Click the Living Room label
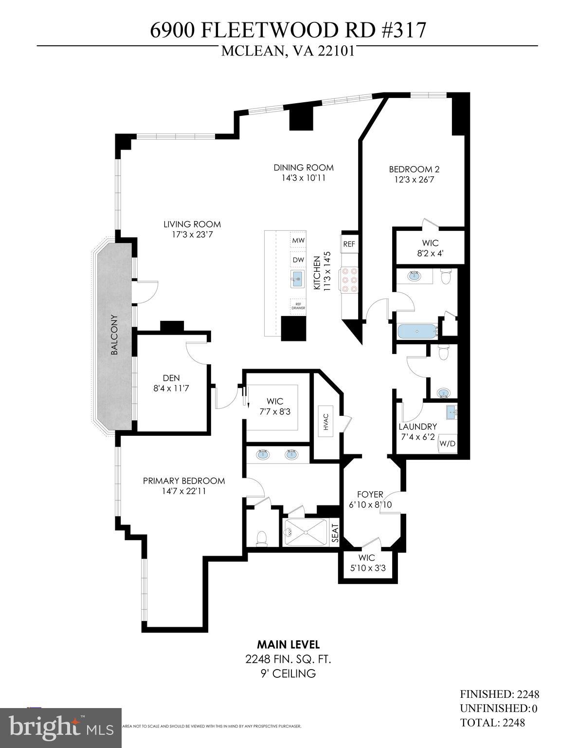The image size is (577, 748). coord(192,224)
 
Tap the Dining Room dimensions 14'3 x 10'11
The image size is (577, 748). coord(303,178)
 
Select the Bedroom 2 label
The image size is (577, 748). coord(414,169)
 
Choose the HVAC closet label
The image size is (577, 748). coord(325,422)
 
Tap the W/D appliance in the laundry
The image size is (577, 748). coord(447,444)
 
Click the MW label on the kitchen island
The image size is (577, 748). coord(298,241)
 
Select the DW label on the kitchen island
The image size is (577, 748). coord(298,260)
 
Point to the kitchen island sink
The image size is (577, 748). coord(297,279)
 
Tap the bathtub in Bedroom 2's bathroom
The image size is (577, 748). coord(417,332)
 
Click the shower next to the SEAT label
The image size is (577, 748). coord(305,532)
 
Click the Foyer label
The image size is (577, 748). coord(370,494)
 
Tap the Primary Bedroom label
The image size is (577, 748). coord(184,481)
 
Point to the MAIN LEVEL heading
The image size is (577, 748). coord(288,645)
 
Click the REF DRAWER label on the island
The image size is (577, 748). coord(298,305)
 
